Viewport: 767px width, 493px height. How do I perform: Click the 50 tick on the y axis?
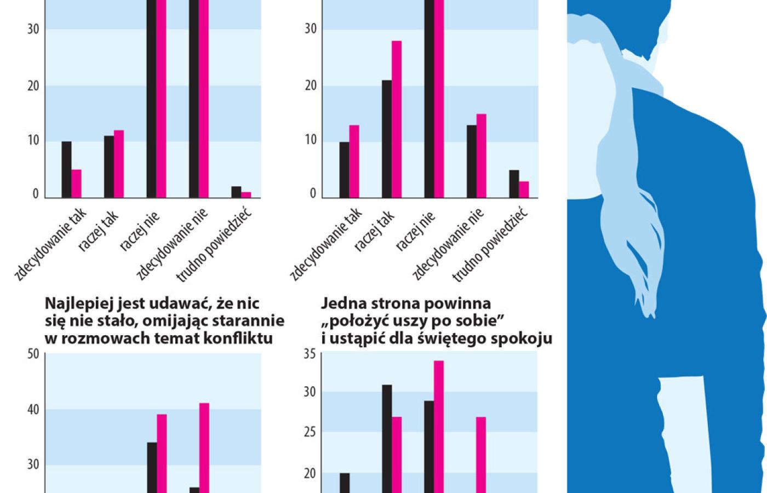(33, 354)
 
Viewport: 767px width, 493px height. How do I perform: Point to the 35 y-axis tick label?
(310, 354)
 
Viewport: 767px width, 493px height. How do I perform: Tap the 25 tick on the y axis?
(310, 433)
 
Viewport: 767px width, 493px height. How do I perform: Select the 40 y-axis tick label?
(33, 410)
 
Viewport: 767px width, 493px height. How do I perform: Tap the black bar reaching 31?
(387, 438)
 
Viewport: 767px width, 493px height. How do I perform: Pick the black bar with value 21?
(387, 139)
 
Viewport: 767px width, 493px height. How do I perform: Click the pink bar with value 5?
(76, 184)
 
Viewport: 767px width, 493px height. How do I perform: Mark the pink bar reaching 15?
(482, 156)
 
